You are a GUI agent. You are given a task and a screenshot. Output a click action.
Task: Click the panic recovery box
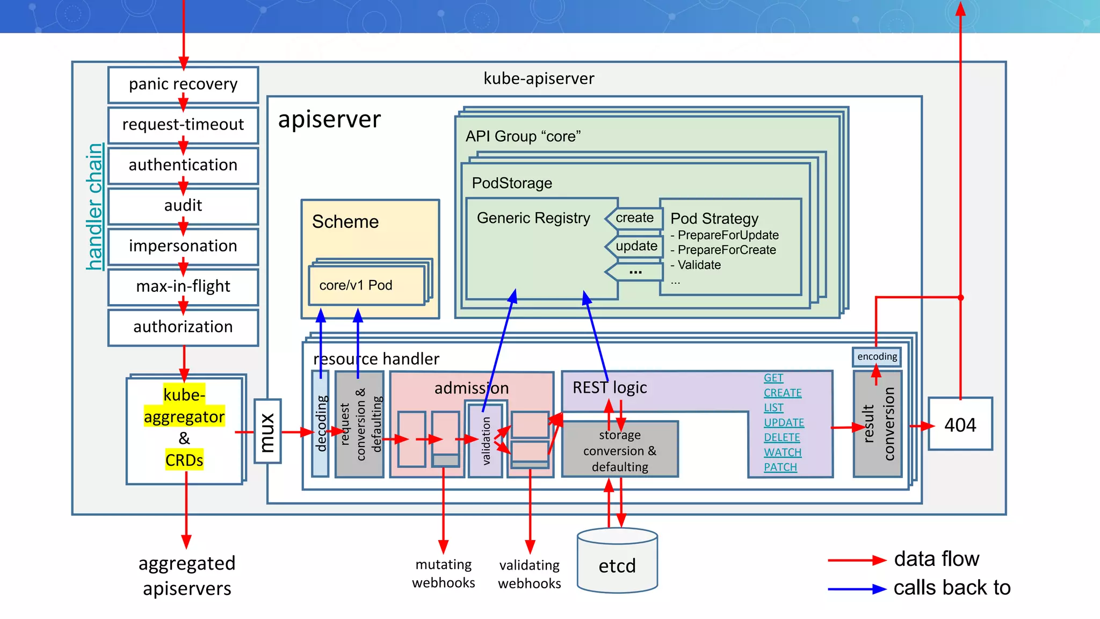pyautogui.click(x=183, y=84)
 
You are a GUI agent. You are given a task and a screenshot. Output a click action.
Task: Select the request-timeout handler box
pyautogui.click(x=183, y=125)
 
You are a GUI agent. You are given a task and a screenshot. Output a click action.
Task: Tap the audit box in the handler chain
pyautogui.click(x=183, y=205)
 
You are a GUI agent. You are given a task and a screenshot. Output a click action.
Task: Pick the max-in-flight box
pyautogui.click(x=183, y=286)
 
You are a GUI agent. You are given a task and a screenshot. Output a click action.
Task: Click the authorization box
pyautogui.click(x=183, y=327)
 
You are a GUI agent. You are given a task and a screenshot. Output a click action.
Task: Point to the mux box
pyautogui.click(x=267, y=431)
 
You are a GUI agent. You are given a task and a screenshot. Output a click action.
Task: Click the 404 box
pyautogui.click(x=960, y=424)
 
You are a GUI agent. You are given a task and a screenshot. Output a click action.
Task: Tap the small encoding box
pyautogui.click(x=877, y=357)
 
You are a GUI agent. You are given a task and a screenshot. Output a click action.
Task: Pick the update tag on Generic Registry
pyautogui.click(x=636, y=246)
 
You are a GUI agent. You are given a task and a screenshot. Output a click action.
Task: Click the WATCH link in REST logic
pyautogui.click(x=783, y=452)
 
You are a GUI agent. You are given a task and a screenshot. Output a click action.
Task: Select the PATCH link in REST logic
pyautogui.click(x=780, y=467)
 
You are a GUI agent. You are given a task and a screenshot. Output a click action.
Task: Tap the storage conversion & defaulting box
pyautogui.click(x=620, y=450)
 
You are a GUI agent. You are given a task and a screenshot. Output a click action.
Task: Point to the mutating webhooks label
pyautogui.click(x=443, y=573)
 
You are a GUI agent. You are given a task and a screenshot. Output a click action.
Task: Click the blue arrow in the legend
pyautogui.click(x=856, y=589)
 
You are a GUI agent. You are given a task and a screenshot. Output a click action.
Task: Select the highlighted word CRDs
pyautogui.click(x=184, y=460)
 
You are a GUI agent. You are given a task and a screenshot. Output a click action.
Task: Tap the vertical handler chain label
pyautogui.click(x=95, y=207)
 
